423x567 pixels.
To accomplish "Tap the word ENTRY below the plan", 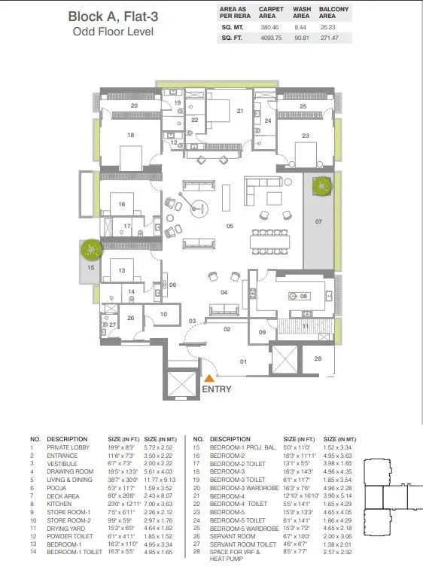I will pyautogui.click(x=216, y=389).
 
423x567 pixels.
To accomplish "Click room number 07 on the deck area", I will pyautogui.click(x=318, y=221).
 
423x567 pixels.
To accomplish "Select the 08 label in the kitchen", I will pyautogui.click(x=304, y=296).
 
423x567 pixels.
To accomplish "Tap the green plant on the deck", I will pyautogui.click(x=322, y=186).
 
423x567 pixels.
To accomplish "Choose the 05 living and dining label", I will pyautogui.click(x=230, y=225).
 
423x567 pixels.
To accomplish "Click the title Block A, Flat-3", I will pyautogui.click(x=112, y=17).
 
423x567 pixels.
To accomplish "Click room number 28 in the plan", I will pyautogui.click(x=318, y=358).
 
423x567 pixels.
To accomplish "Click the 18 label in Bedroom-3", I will pyautogui.click(x=130, y=136).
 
